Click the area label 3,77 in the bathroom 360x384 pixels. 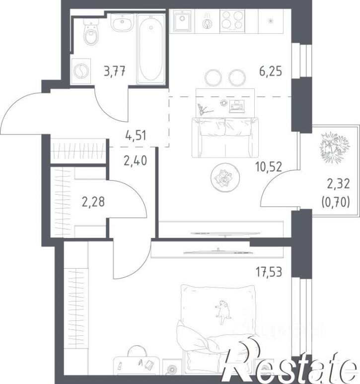[115, 72]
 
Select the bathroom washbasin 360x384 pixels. [123, 22]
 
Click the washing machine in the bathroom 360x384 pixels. [81, 71]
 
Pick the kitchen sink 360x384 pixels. [182, 20]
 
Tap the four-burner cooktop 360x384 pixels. [232, 21]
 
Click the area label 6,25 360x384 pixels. [271, 71]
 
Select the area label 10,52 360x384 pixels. [269, 167]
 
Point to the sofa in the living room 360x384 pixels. [225, 138]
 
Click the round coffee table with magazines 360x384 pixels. [225, 177]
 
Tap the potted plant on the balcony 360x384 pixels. [335, 146]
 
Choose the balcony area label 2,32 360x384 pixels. [339, 184]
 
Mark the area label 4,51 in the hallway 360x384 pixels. [136, 136]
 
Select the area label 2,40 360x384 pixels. [136, 160]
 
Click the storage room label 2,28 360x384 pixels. [93, 202]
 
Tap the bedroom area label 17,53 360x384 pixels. [269, 272]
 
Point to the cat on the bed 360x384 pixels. [223, 311]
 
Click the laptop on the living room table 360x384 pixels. [237, 106]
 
